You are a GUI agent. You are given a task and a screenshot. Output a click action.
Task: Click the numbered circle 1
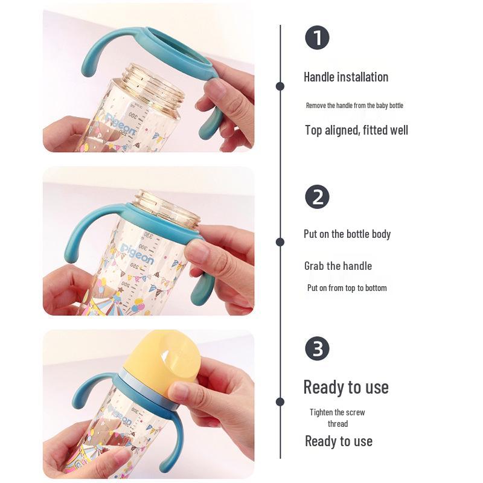point(317,37)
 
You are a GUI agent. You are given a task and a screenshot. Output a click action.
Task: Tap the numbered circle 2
point(317,197)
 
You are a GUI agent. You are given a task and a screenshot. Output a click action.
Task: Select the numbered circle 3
point(317,348)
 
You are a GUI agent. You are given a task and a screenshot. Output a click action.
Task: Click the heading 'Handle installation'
point(346,77)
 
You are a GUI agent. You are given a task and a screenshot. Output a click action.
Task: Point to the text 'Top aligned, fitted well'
point(356,130)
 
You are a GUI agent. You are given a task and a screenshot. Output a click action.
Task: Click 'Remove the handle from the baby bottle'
point(354,106)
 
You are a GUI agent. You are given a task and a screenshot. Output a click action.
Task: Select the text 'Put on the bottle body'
point(347,234)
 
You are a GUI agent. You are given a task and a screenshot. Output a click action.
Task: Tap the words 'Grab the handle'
point(338,266)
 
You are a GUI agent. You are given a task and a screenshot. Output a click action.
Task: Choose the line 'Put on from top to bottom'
point(347,288)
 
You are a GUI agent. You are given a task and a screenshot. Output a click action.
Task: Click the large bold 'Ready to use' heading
point(346,387)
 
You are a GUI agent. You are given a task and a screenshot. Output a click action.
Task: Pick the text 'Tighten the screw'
point(337,412)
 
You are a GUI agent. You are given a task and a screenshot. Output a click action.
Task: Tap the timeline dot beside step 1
point(280,86)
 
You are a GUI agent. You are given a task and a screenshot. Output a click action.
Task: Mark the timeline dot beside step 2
point(280,242)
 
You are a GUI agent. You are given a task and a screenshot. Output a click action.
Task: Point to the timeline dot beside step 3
point(280,401)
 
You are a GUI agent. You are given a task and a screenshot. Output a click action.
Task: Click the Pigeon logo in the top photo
point(121,125)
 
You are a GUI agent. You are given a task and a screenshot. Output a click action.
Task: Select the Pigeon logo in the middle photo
point(137,254)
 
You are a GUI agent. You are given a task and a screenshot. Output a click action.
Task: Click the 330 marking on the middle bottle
point(148,236)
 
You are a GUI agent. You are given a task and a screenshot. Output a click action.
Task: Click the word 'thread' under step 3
point(338,424)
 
